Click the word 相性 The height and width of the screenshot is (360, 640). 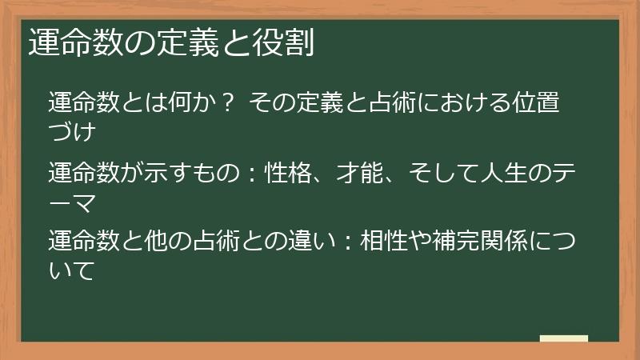(386, 239)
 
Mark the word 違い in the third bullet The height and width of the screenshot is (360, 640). (306, 239)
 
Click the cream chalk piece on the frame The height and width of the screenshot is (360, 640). (564, 338)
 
